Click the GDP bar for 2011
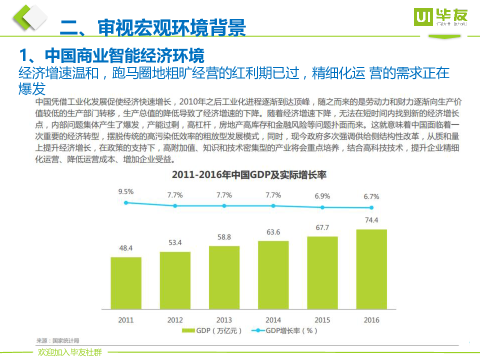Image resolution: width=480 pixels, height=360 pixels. pos(126,283)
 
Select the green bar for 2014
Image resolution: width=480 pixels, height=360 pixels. pos(273,275)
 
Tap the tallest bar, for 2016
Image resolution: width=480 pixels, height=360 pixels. pos(371,269)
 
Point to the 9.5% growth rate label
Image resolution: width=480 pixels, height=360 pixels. pos(126,191)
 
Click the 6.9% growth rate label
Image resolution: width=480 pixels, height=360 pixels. pos(322,196)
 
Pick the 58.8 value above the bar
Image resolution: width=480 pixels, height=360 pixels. pos(224,237)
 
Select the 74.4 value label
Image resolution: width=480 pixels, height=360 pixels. pos(371,220)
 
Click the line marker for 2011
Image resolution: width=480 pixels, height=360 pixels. pos(126,202)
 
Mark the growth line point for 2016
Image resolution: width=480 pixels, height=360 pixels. pos(371,207)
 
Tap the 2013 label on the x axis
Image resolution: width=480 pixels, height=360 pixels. pos(224,320)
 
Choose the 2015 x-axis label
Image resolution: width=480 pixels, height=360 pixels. pos(322,320)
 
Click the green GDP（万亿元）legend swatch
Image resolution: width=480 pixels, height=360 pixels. pos(187,330)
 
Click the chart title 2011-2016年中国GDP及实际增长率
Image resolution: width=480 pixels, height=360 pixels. pos(248,175)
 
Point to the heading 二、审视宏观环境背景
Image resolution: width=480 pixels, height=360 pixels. pos(152,28)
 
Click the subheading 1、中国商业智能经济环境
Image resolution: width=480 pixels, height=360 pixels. pos(111,54)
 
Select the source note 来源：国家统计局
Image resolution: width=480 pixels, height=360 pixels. pos(58,340)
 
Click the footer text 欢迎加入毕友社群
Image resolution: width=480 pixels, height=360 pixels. pos(70,352)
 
